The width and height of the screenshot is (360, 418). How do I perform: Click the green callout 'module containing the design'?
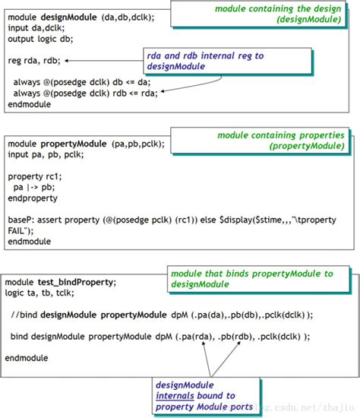[277, 14]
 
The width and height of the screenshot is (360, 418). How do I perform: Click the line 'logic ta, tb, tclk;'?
[43, 293]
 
